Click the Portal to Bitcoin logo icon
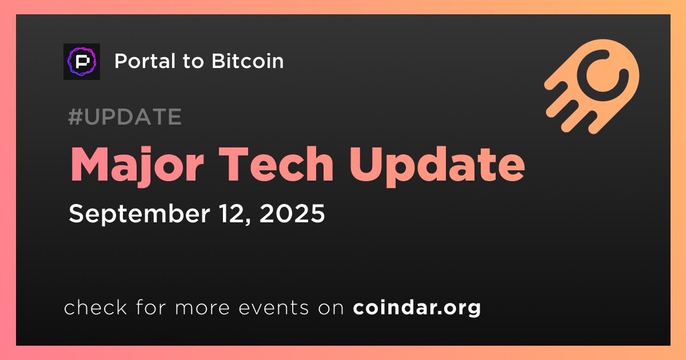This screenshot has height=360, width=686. click(82, 62)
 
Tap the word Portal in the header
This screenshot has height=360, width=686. click(145, 61)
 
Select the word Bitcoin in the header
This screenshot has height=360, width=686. click(248, 61)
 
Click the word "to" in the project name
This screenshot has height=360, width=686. click(193, 62)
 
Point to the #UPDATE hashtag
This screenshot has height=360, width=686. click(125, 117)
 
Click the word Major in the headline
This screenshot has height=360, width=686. click(137, 165)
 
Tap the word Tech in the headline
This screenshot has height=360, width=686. click(276, 165)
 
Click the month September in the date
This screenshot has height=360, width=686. click(139, 214)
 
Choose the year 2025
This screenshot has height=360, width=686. click(292, 213)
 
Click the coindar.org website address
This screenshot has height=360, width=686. click(417, 308)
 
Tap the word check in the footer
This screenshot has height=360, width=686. click(95, 307)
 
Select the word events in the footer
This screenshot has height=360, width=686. click(274, 307)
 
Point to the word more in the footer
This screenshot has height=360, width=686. click(202, 308)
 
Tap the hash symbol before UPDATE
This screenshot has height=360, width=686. click(74, 117)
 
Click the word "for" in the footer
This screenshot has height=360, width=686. click(151, 307)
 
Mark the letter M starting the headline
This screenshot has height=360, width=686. click(91, 165)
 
